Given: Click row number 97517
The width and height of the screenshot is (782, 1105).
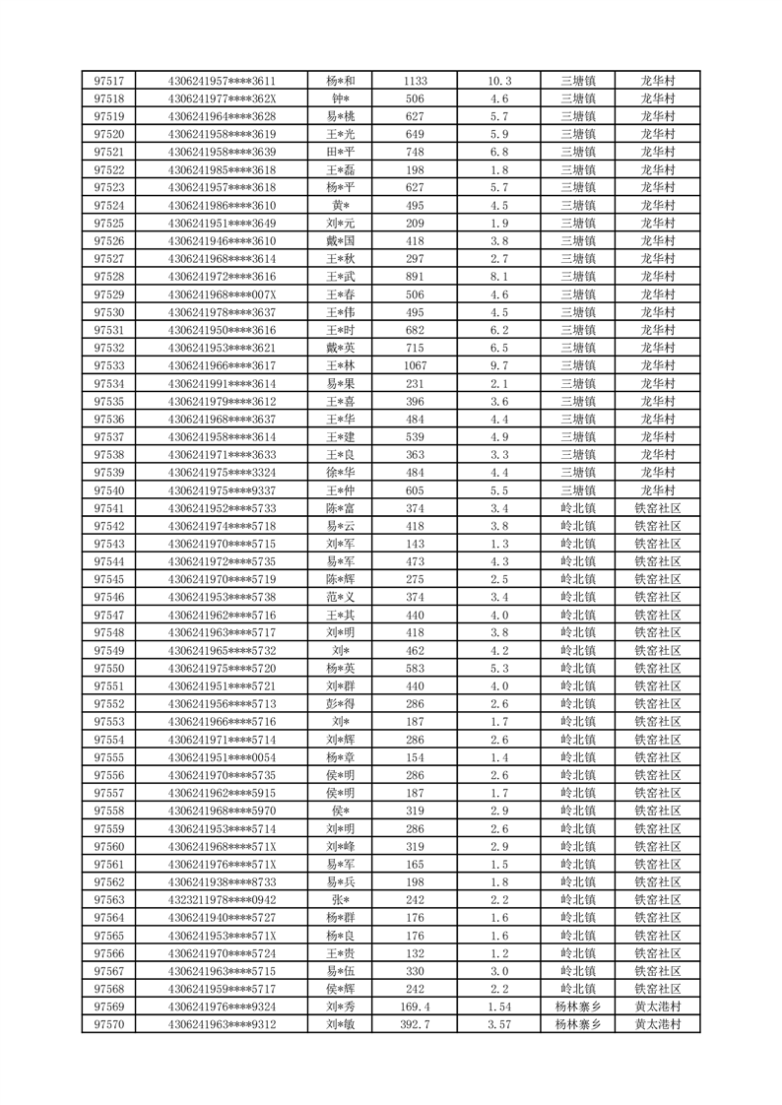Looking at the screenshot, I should tap(108, 81).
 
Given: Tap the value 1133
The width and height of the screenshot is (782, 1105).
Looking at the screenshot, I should tap(415, 81).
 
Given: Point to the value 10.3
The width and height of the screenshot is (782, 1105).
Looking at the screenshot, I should tap(499, 81).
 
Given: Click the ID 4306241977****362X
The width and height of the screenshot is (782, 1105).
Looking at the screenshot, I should tap(222, 98).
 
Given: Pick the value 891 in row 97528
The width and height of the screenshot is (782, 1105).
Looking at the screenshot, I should tap(415, 277).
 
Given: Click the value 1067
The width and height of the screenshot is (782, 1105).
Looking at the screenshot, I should tap(415, 365).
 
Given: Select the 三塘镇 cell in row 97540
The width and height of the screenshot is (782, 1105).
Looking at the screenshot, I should tap(577, 490).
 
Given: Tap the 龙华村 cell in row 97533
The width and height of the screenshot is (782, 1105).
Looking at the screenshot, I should tap(657, 365).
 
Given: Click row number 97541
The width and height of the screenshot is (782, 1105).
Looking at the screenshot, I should tap(108, 508).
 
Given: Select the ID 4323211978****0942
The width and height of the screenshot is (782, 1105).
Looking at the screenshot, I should tap(222, 900).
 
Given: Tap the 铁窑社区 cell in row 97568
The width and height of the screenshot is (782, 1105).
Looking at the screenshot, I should tap(657, 989).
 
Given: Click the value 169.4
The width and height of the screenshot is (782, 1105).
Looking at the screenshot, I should tap(415, 1007).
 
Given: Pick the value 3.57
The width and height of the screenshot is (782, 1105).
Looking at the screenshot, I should tap(499, 1024).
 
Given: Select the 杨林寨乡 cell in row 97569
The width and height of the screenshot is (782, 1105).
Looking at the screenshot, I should tap(577, 1007).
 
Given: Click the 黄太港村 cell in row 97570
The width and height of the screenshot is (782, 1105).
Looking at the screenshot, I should tap(657, 1024).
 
